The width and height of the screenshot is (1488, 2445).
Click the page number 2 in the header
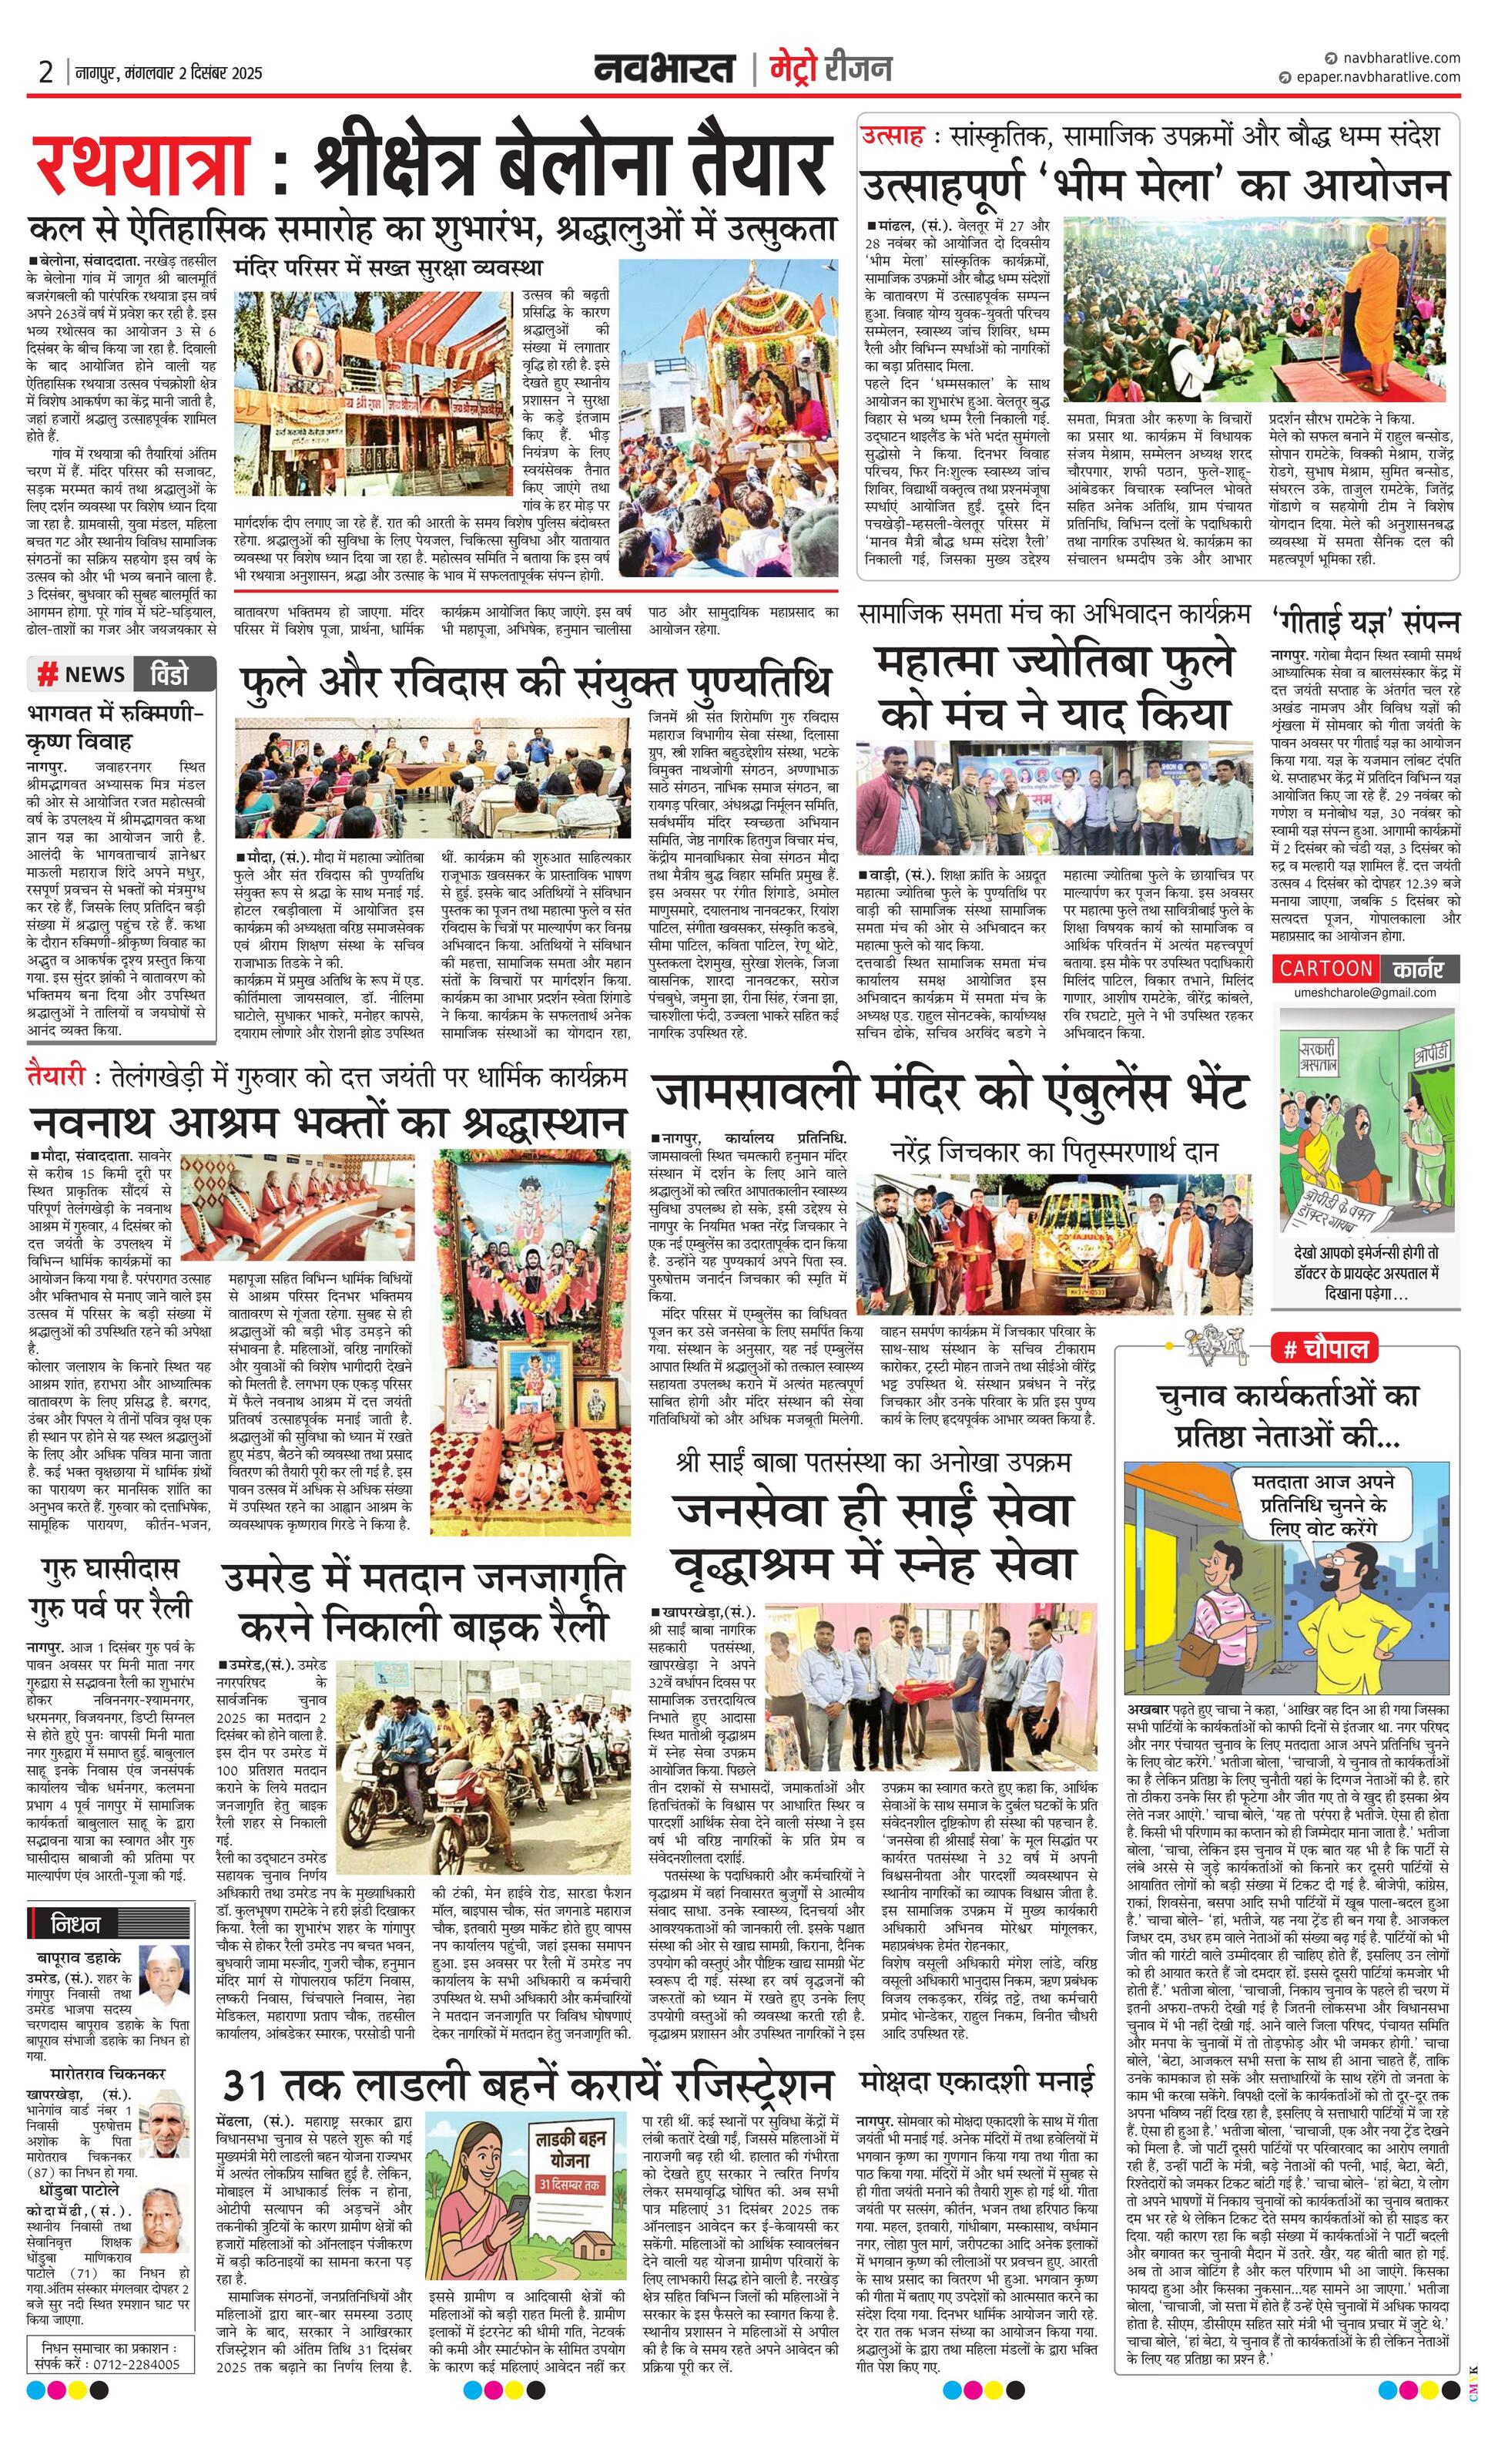tap(45, 72)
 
